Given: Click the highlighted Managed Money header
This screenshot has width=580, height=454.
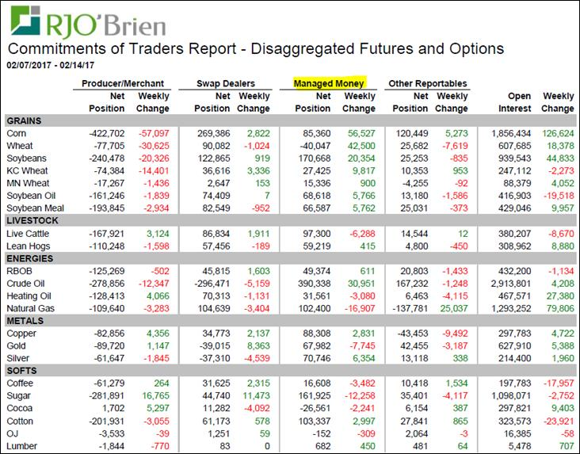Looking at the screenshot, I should coord(328,82).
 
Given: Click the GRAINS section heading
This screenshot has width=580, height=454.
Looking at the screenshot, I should coord(24,120).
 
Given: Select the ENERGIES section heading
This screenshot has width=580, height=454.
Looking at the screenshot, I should coord(29,259).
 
